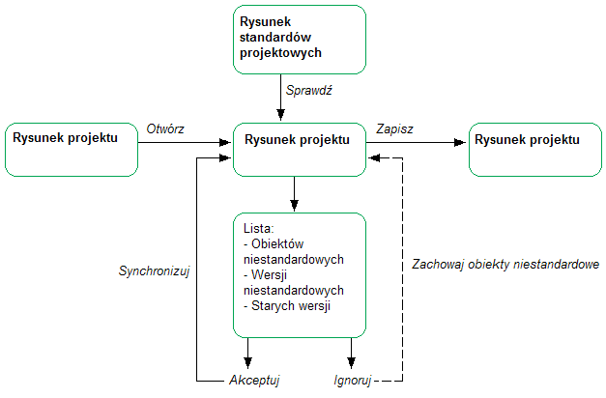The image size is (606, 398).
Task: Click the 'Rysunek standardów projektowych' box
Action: coord(300,39)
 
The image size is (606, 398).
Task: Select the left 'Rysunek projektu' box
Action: coord(72,149)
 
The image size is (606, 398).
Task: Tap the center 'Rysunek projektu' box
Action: coord(300,150)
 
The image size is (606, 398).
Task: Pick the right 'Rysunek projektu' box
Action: coord(534,149)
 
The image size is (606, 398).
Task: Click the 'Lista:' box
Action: coord(301,274)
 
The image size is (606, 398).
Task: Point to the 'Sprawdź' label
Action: coord(309,90)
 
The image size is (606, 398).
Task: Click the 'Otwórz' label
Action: coord(165,128)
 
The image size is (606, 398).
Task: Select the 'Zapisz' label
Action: coord(395,128)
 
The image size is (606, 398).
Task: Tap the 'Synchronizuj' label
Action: coord(153,271)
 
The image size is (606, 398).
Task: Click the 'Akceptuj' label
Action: coord(254,380)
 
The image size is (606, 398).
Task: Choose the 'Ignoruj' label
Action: coord(352,380)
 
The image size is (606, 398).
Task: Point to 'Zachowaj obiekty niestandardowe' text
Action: coord(505,264)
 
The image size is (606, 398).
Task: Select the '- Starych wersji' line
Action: coord(287,306)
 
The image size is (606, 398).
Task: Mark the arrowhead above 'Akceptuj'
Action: coord(249,358)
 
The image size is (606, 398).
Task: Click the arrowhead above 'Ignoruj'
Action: coord(352,358)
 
